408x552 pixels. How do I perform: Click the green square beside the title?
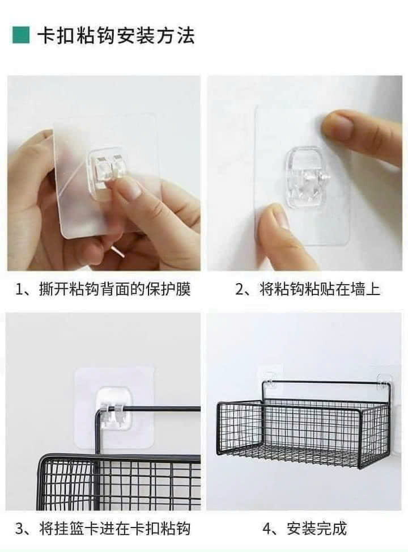[x=21, y=35]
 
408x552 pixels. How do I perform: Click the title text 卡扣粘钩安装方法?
[x=116, y=36]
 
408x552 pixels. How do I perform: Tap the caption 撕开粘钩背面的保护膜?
[x=114, y=289]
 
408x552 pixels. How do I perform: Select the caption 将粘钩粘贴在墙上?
[x=320, y=289]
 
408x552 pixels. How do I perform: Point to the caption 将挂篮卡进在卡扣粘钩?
[x=114, y=529]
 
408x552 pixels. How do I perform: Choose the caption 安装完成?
[x=317, y=529]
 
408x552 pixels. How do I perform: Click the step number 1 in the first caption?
[x=19, y=290]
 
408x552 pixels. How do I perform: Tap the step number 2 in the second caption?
[x=239, y=290]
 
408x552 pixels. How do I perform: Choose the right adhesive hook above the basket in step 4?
[x=384, y=383]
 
